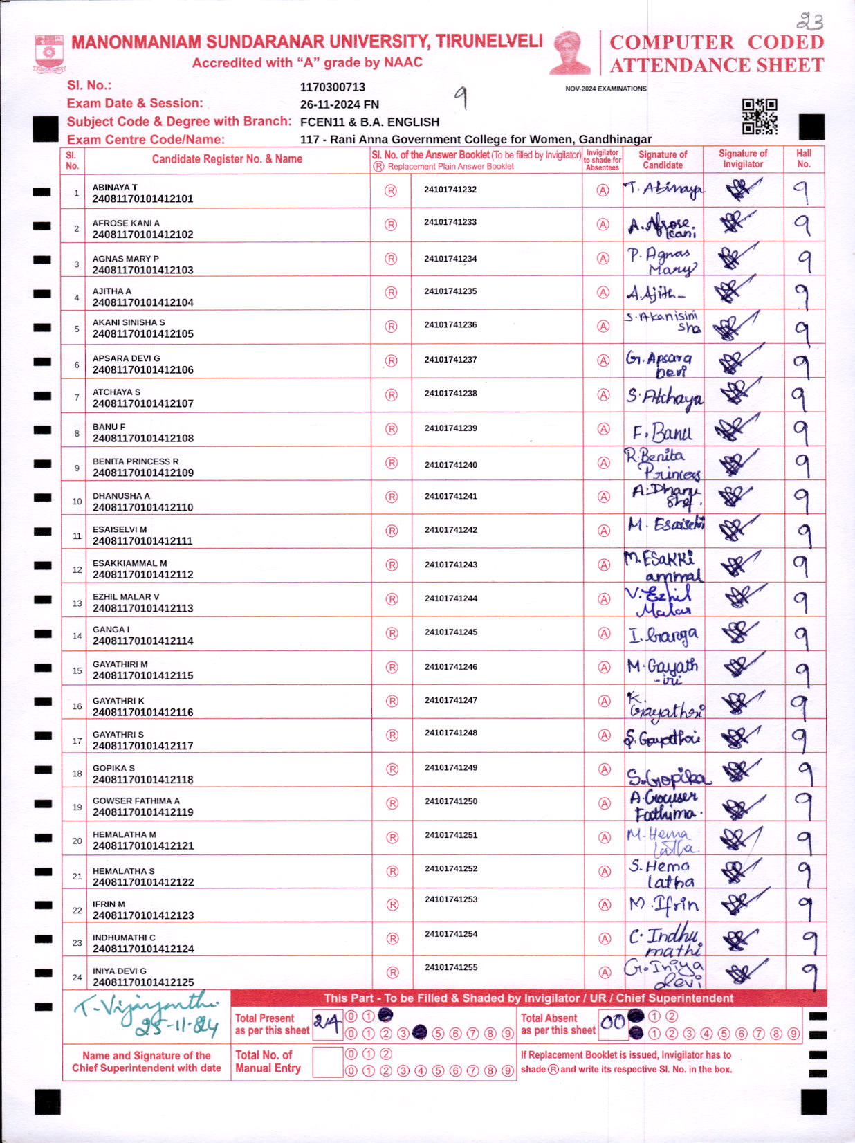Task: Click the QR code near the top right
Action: coord(760,116)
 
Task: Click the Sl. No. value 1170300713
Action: coord(332,87)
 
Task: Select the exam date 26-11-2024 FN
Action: coord(339,104)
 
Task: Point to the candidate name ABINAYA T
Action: coord(115,188)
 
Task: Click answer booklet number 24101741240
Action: coord(450,465)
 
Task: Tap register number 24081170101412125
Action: coord(142,982)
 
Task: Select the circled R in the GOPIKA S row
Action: coord(392,769)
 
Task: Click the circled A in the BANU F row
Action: coord(604,429)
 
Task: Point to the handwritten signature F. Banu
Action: coord(662,433)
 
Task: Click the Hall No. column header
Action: coord(803,158)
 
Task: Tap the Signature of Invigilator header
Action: coord(743,158)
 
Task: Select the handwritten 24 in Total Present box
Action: coord(327,1024)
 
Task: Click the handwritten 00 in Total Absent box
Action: coord(612,1023)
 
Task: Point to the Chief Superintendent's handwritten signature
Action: coord(147,1014)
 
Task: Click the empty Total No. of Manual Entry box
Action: coord(327,1062)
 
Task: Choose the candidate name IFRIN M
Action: coord(109,904)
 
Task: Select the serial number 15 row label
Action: coord(77,670)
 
